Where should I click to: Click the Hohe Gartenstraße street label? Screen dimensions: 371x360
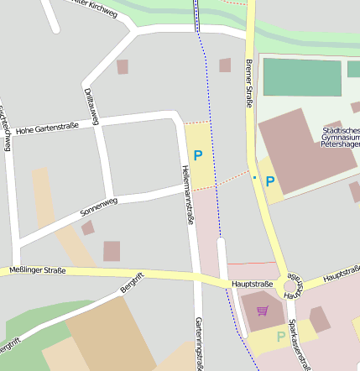pyautogui.click(x=47, y=128)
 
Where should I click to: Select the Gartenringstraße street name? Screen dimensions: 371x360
pyautogui.click(x=199, y=342)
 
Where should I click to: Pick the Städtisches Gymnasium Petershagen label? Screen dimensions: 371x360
pyautogui.click(x=339, y=137)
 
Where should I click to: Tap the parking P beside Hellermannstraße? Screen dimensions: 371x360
pyautogui.click(x=198, y=155)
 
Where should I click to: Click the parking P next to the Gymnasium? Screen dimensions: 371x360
pyautogui.click(x=270, y=180)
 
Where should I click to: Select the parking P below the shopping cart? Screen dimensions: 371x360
pyautogui.click(x=280, y=337)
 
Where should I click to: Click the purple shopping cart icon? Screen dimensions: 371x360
pyautogui.click(x=263, y=311)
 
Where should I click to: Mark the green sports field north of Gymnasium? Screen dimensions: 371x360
pyautogui.click(x=302, y=77)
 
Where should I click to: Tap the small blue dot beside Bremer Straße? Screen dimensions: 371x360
pyautogui.click(x=254, y=177)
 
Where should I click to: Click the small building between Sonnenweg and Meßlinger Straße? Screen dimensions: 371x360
pyautogui.click(x=112, y=251)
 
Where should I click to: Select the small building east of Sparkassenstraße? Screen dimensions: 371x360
pyautogui.click(x=320, y=319)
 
